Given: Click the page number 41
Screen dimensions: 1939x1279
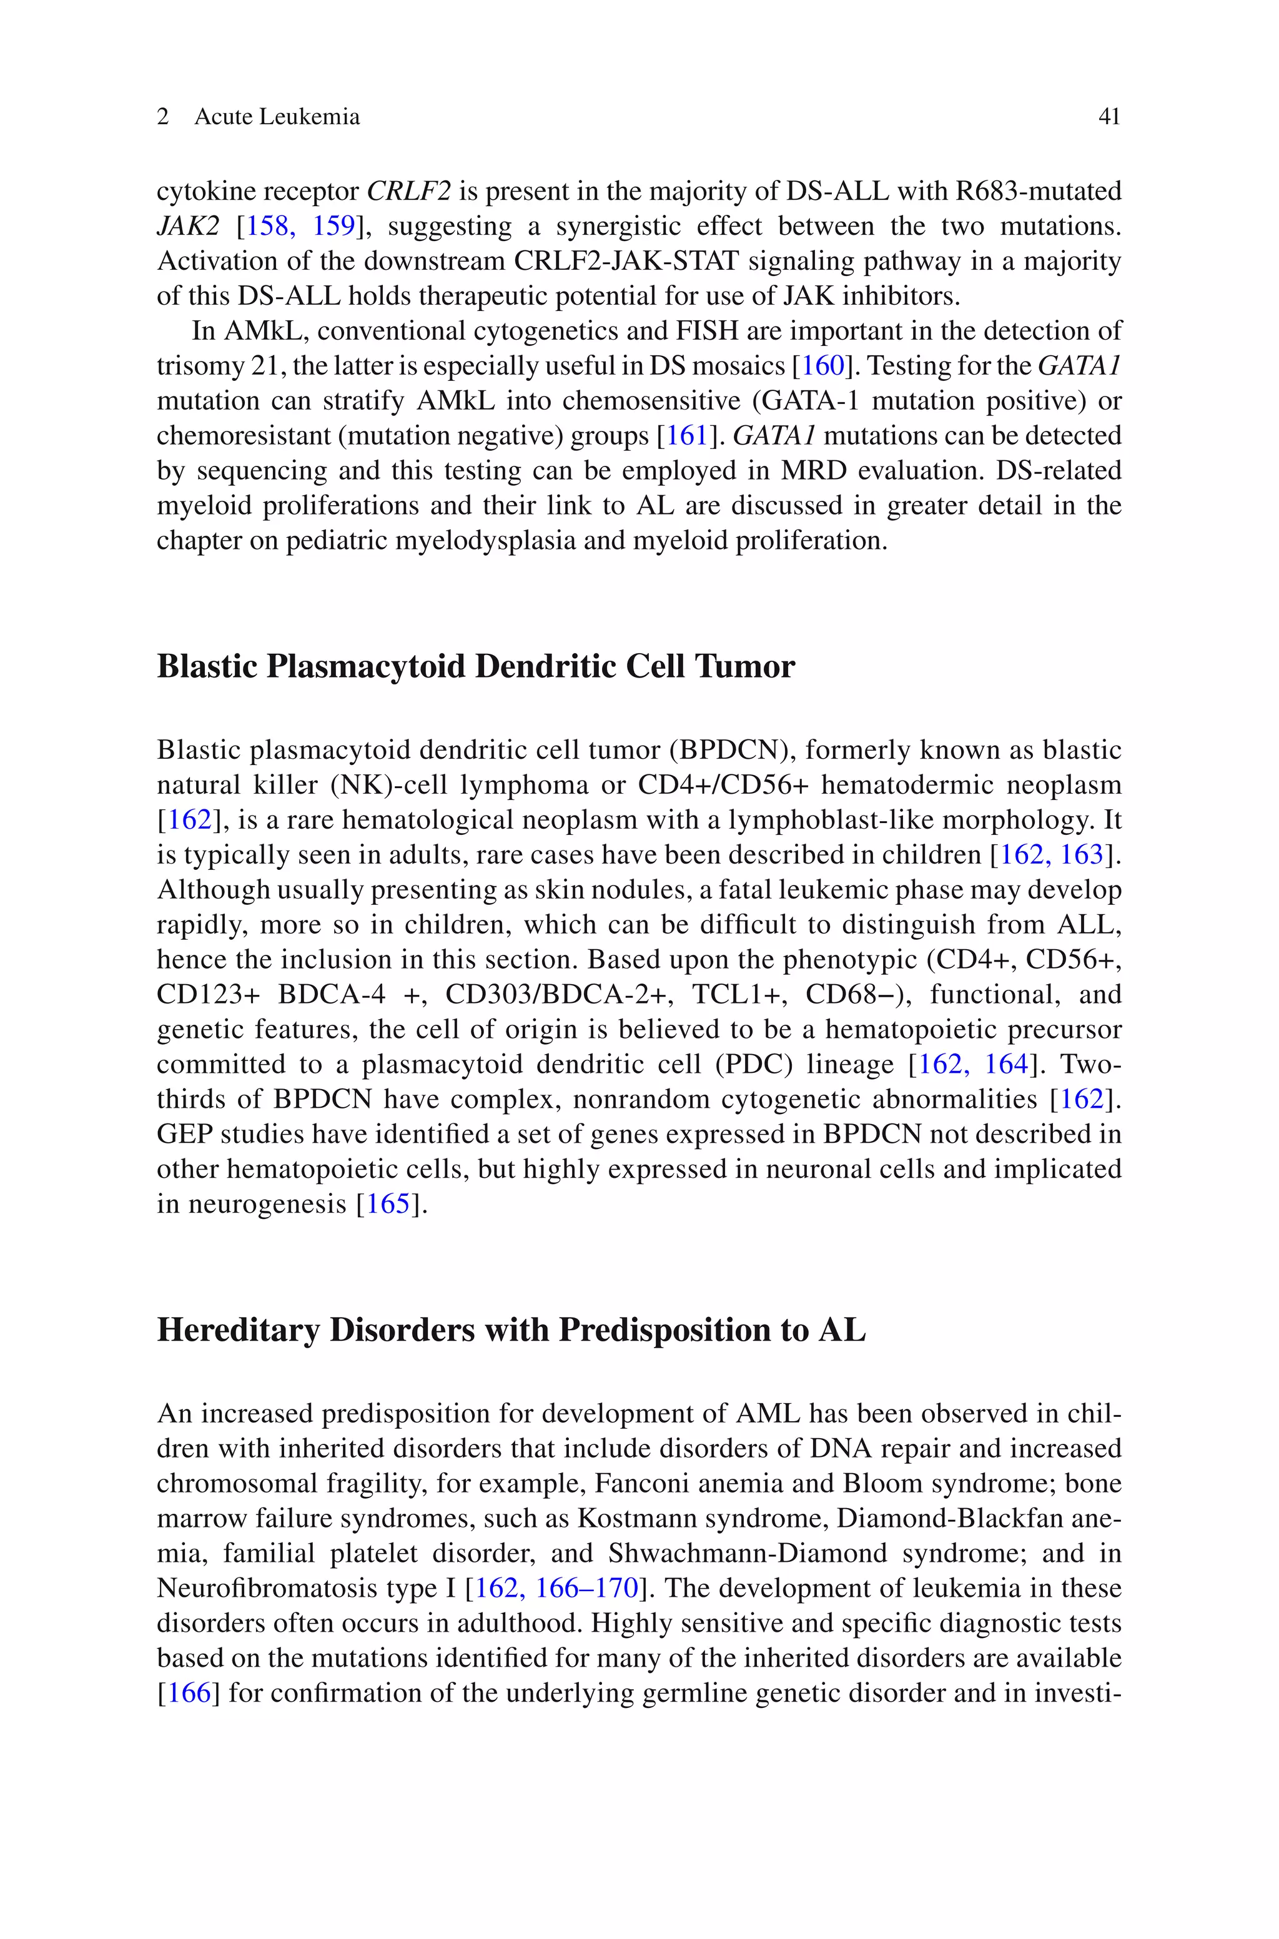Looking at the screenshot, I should pos(1109,117).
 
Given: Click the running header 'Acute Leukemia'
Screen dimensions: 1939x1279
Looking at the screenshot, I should pos(277,117).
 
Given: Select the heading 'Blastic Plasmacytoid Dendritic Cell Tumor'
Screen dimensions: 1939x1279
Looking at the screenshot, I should pos(475,666).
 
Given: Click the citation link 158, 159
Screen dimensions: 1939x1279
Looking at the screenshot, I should pos(301,227).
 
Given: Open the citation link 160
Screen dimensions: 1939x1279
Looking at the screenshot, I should pos(823,366).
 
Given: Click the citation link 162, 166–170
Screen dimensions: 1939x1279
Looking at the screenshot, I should pos(556,1587).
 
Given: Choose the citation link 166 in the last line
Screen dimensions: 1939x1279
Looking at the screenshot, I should pos(189,1693).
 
